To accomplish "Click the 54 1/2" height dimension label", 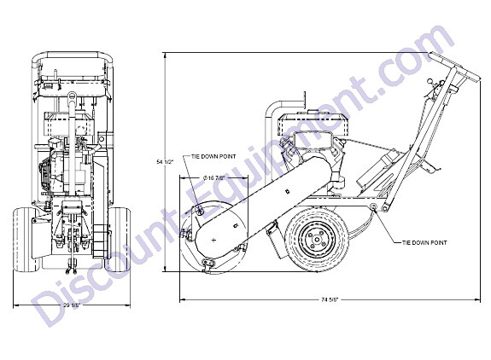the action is pyautogui.click(x=165, y=162).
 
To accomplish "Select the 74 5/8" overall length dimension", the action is pyautogui.click(x=330, y=299).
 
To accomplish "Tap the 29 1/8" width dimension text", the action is pyautogui.click(x=72, y=305).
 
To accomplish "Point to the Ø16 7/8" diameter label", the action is pyautogui.click(x=213, y=177).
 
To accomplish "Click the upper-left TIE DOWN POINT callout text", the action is pyautogui.click(x=213, y=156).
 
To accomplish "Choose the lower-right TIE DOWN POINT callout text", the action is pyautogui.click(x=424, y=242).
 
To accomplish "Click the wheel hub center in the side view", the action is pyautogui.click(x=317, y=240).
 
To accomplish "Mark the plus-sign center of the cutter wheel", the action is pyautogui.click(x=213, y=241).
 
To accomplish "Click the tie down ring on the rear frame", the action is pyautogui.click(x=373, y=206).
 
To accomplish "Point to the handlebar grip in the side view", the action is pyautogui.click(x=454, y=67).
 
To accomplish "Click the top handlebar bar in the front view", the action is pyautogui.click(x=72, y=55).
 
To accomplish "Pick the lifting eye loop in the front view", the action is pyautogui.click(x=72, y=96).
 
